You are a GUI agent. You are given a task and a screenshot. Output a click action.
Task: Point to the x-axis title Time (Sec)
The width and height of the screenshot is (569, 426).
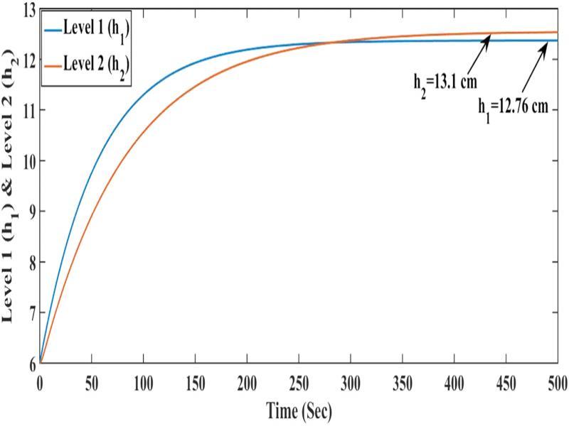tap(299, 410)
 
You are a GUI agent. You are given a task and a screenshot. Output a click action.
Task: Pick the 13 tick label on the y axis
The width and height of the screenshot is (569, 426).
tap(28, 9)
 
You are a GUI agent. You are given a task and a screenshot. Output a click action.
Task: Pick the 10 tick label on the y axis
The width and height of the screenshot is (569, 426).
tap(28, 161)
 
